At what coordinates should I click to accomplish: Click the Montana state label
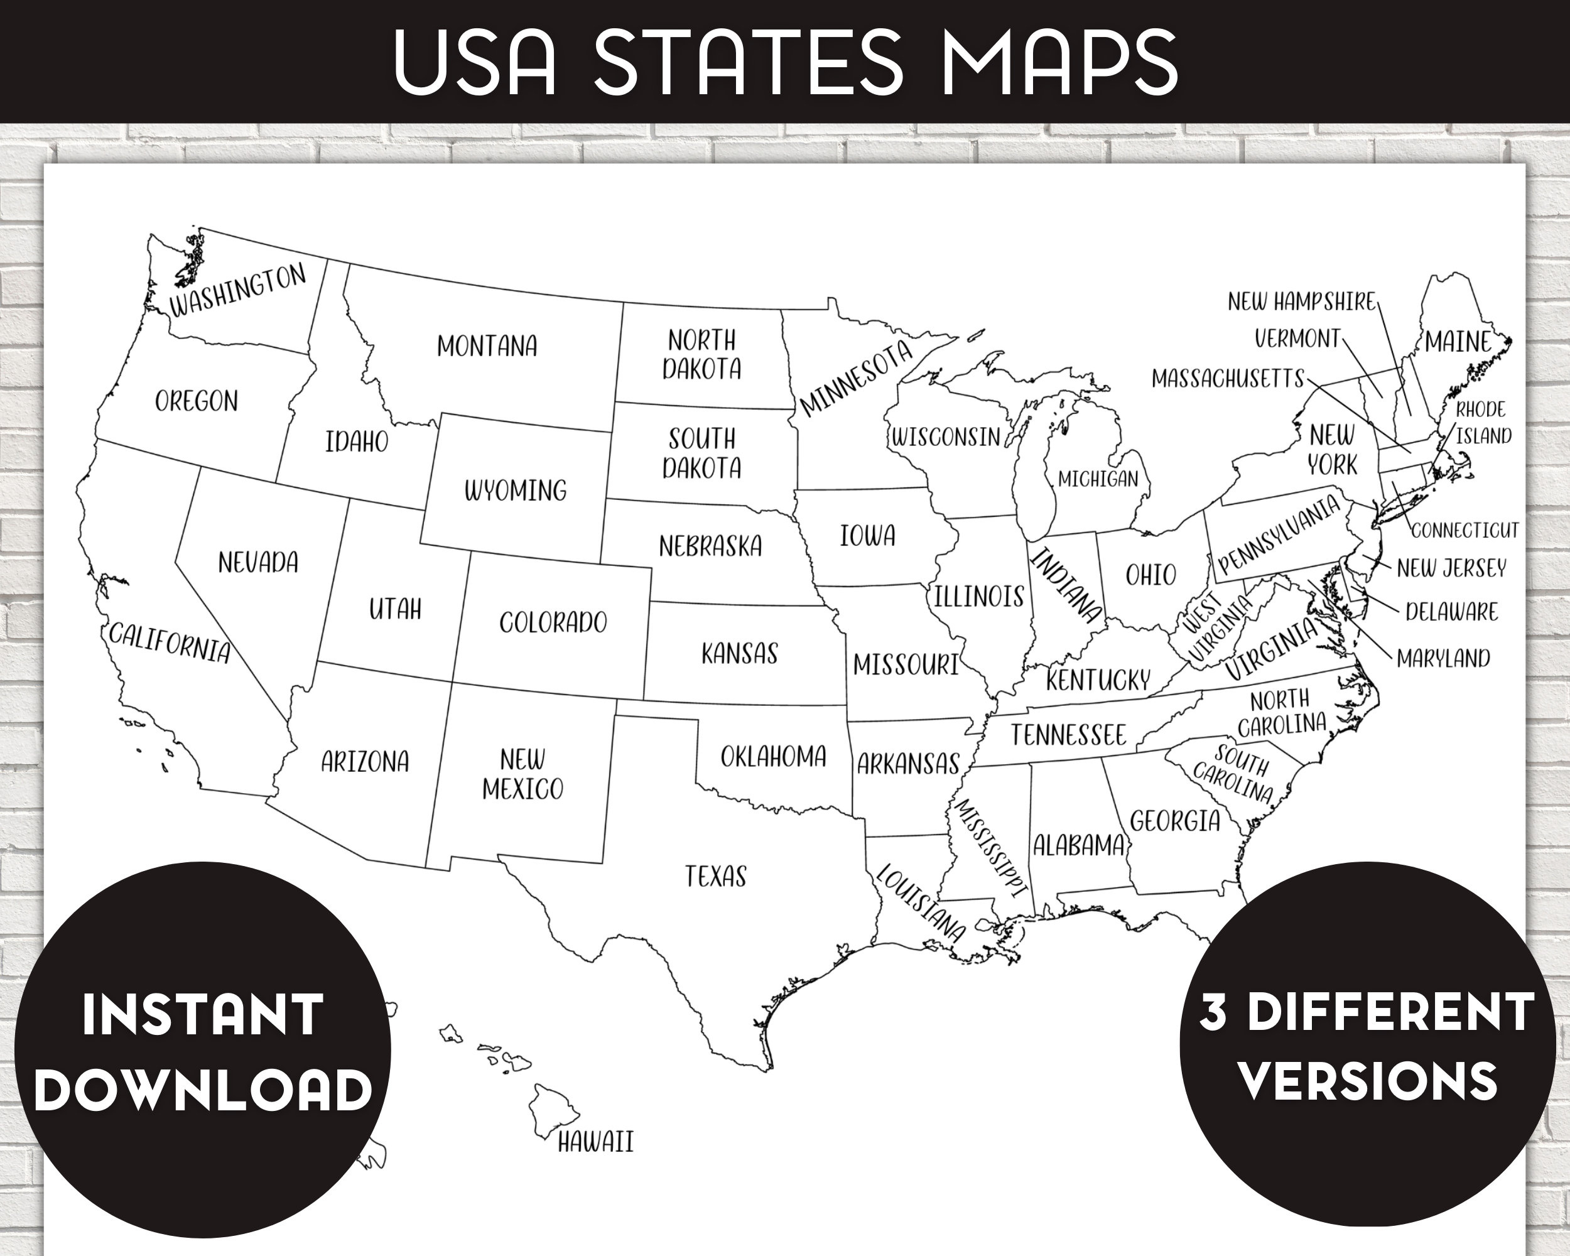(487, 346)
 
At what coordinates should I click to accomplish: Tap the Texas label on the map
(715, 876)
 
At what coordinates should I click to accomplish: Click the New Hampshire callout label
(1301, 301)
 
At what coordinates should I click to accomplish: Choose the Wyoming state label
(516, 490)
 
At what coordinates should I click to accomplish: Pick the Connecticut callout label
(1465, 529)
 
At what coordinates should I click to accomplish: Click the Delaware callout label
(1451, 612)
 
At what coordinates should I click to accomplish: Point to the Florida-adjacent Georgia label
(1174, 821)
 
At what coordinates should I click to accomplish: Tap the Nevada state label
(257, 562)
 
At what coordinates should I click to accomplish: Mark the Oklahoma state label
(772, 757)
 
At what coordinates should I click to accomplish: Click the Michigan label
(1097, 479)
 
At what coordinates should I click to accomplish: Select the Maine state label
(1458, 342)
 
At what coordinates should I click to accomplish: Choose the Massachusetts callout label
(1228, 379)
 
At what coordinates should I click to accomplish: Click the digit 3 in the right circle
(1213, 1013)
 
